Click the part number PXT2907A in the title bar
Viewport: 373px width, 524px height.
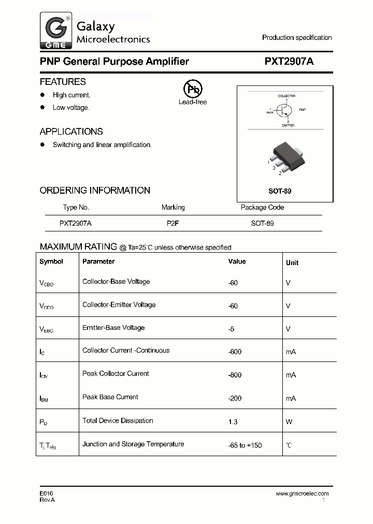click(289, 62)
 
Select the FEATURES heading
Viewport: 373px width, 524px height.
click(63, 82)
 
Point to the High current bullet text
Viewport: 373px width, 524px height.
click(71, 95)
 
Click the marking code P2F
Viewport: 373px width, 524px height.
click(173, 224)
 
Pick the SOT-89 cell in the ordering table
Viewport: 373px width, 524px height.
click(262, 224)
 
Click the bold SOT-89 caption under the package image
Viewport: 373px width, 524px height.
click(280, 191)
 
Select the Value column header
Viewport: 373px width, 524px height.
click(237, 262)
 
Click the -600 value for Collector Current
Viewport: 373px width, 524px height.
click(235, 352)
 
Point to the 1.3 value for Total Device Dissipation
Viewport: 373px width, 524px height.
click(233, 422)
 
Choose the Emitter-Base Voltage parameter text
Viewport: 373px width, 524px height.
click(113, 328)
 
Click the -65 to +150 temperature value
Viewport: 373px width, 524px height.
click(246, 445)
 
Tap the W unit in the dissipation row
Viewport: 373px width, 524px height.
click(289, 422)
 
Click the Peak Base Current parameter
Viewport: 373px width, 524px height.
click(110, 397)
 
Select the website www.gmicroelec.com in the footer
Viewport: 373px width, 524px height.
click(302, 494)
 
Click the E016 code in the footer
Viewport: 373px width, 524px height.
click(47, 493)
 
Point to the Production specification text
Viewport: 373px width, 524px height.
click(296, 38)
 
